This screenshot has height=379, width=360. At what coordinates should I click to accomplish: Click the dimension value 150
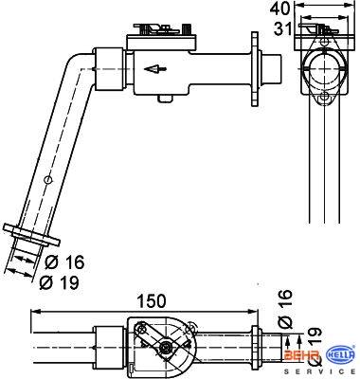152,301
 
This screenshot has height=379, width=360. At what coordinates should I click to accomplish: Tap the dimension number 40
279,9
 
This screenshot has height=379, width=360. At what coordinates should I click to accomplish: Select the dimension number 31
281,28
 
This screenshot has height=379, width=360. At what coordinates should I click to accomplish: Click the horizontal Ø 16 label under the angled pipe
64,262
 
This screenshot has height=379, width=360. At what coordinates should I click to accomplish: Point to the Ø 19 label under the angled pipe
59,282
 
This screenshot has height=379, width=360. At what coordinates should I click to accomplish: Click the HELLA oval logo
340,355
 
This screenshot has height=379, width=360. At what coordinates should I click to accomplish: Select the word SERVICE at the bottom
319,370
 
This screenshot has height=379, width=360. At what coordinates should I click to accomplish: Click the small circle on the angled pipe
47,180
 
